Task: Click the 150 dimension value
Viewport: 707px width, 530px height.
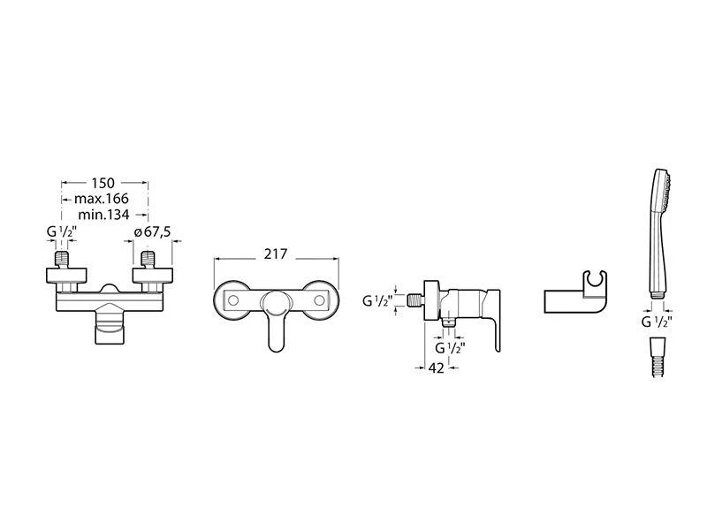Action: pos(103,183)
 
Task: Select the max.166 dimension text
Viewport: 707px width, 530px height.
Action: pos(102,199)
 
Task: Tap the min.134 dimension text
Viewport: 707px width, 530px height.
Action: pos(103,215)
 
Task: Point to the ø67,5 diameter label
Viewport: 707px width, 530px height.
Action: pos(152,232)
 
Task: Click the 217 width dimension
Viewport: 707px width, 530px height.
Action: pos(276,254)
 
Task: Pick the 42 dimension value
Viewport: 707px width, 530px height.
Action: pos(436,367)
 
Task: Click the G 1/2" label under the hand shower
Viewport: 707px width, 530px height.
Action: pos(657,322)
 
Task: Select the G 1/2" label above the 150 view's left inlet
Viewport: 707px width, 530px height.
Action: pos(62,232)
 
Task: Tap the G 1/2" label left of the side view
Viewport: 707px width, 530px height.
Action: pos(378,300)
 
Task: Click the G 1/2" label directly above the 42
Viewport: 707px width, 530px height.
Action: pos(450,348)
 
